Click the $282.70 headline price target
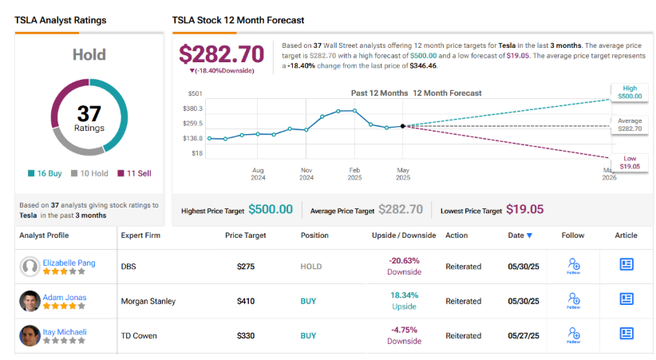click(x=221, y=54)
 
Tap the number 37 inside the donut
click(x=89, y=113)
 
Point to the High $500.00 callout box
click(x=628, y=92)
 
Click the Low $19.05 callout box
click(x=628, y=162)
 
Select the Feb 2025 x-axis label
click(x=354, y=174)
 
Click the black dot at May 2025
click(x=402, y=125)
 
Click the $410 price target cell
click(x=245, y=301)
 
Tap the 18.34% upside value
click(x=404, y=295)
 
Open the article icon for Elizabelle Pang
click(x=626, y=265)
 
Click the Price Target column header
click(x=245, y=235)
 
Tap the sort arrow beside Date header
click(x=529, y=235)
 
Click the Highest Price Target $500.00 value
click(x=271, y=210)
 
